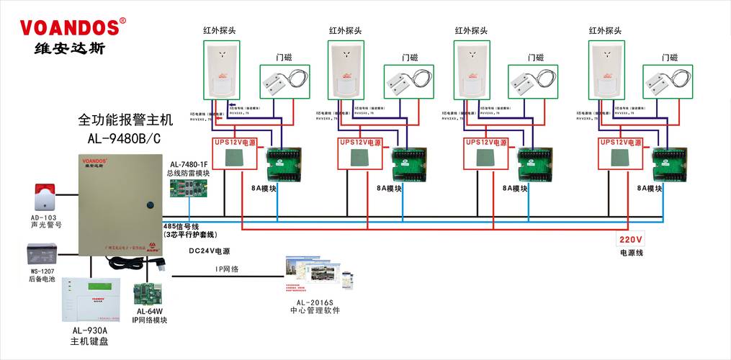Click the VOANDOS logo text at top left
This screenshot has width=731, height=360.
[69, 27]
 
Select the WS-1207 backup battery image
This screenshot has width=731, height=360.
[41, 255]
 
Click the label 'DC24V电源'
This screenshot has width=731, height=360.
[210, 251]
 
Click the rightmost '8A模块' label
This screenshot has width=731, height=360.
[650, 189]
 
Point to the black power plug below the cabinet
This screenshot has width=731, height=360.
[161, 264]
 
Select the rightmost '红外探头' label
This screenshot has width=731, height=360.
[604, 31]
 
